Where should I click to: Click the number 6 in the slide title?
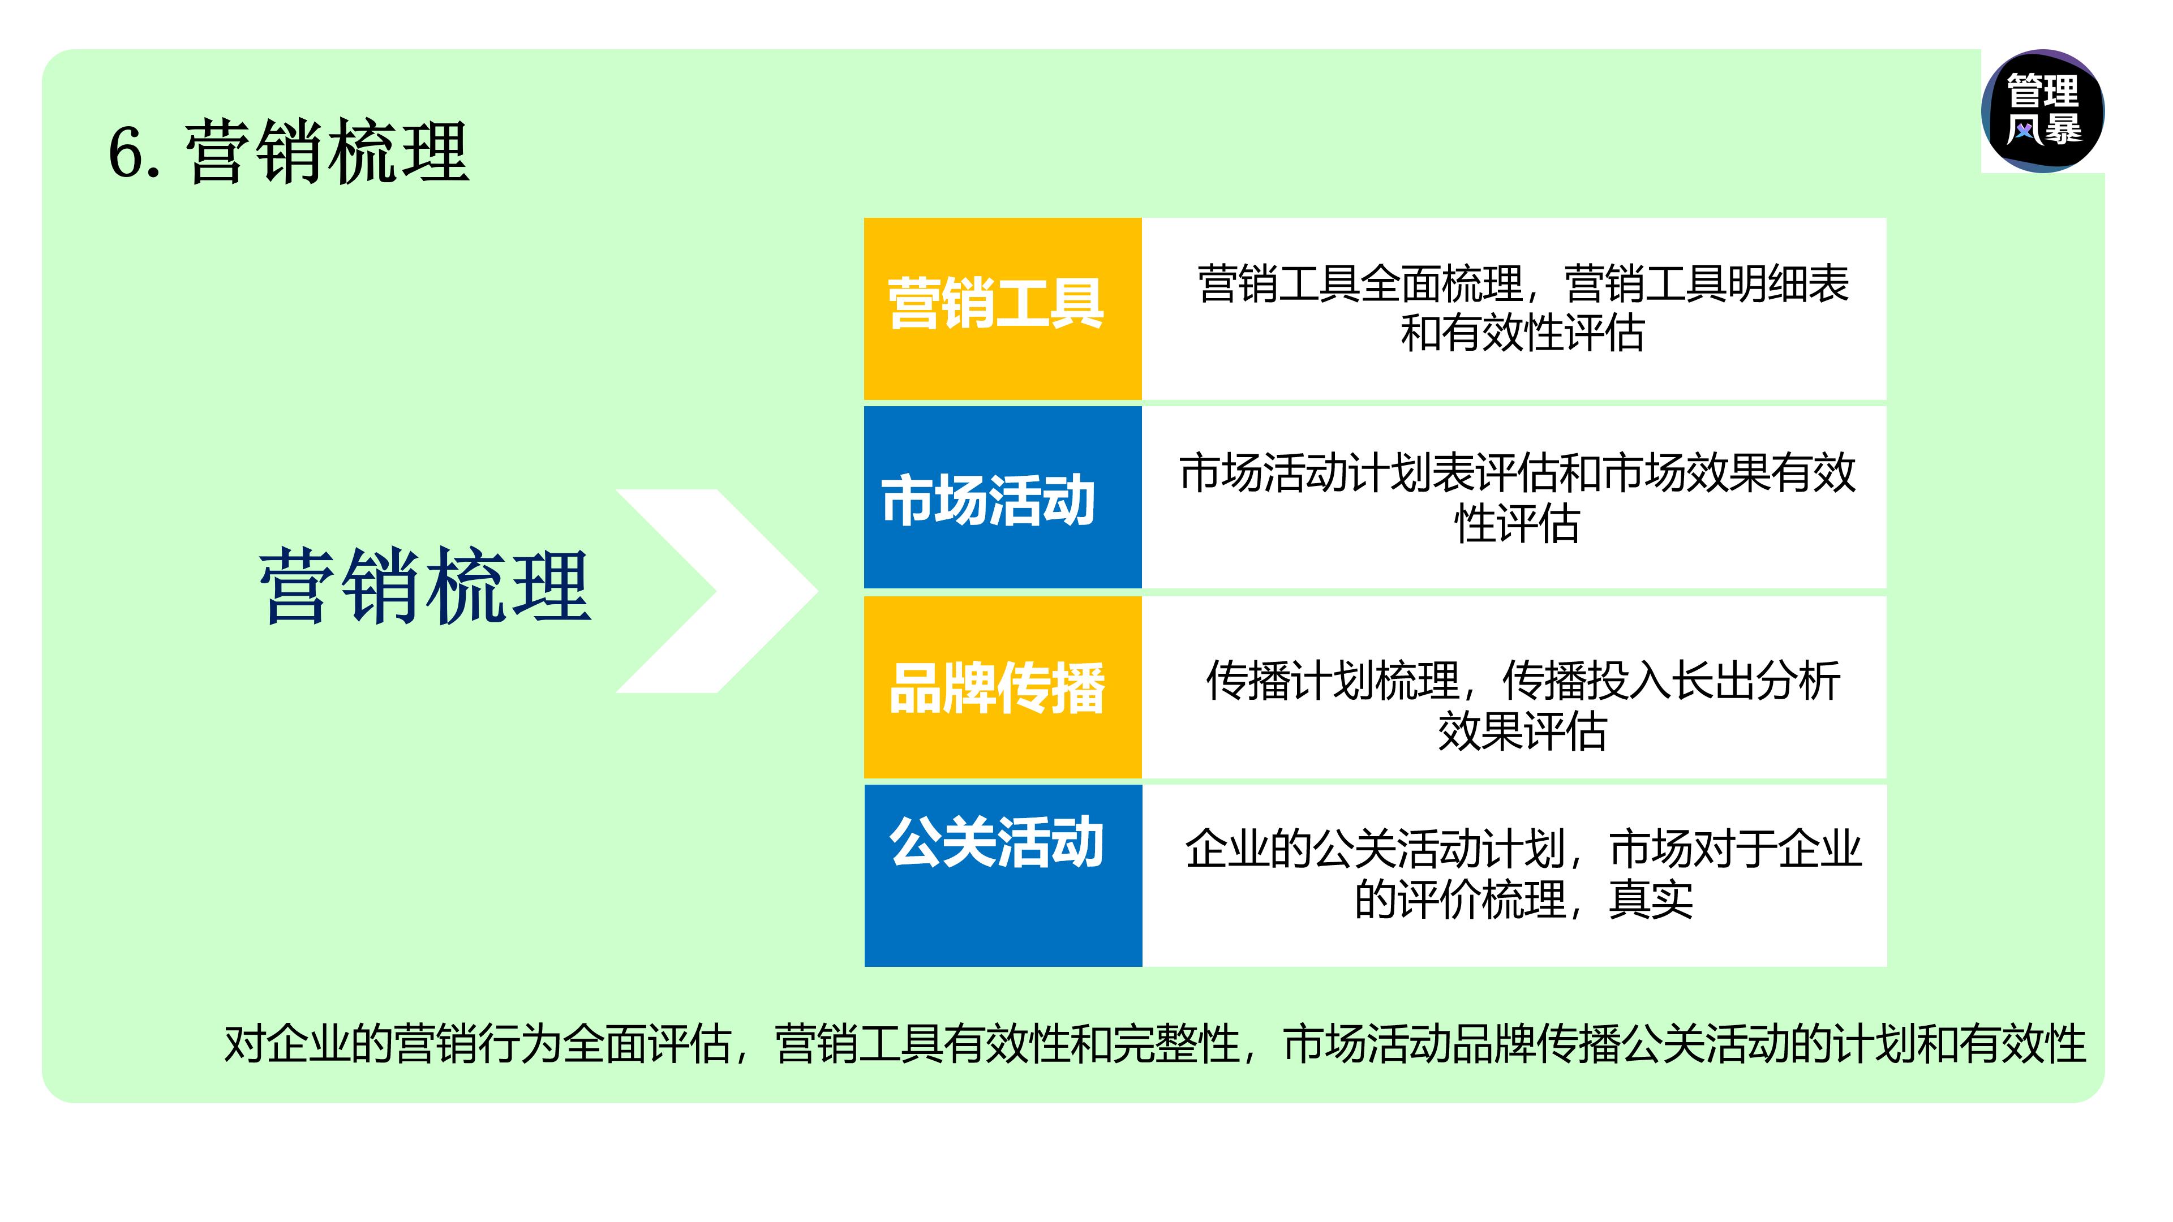(125, 153)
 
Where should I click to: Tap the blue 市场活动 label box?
(1002, 498)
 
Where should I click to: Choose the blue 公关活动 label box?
(1002, 875)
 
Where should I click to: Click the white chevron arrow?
(717, 590)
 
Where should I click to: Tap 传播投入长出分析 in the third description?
(1670, 681)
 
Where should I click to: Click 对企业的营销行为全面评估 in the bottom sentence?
(476, 1044)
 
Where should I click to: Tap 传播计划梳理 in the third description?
(1332, 681)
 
